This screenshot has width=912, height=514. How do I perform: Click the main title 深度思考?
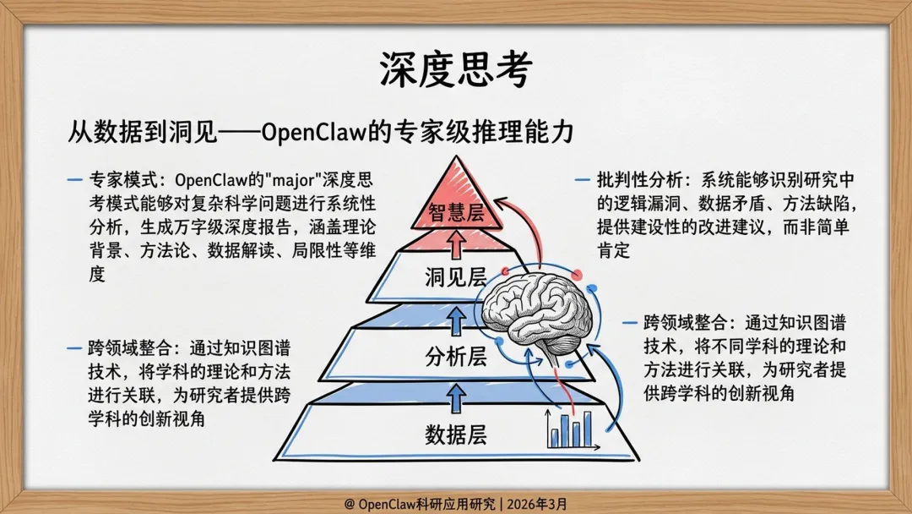coord(455,71)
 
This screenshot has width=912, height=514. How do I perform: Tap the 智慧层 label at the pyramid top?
coord(457,212)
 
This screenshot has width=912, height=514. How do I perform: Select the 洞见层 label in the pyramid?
coord(456,276)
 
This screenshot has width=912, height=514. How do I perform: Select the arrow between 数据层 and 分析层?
coord(456,394)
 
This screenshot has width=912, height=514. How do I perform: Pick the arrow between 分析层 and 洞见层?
coord(456,318)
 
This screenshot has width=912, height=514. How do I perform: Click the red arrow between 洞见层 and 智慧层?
coord(457,245)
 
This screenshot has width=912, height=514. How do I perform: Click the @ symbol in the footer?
coord(349,503)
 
